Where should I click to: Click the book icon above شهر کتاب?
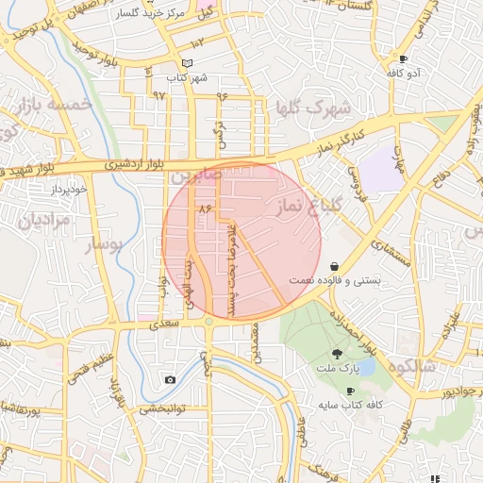186,63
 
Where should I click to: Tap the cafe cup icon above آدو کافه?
404,58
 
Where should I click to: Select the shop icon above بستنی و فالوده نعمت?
337,267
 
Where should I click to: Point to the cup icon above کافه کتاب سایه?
350,391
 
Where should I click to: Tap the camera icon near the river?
170,380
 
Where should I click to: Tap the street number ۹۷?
158,95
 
